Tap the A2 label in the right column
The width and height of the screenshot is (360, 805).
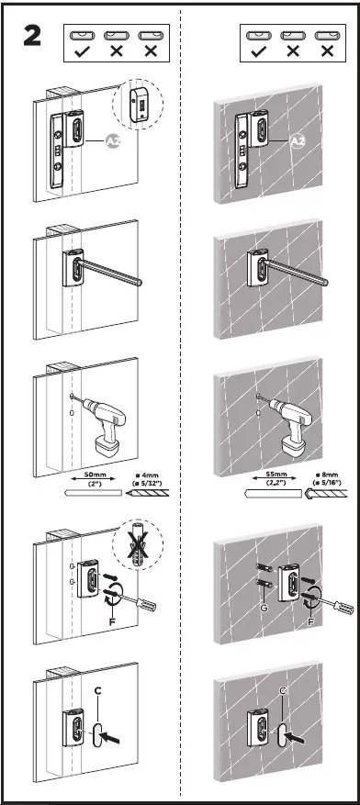[297, 141]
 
